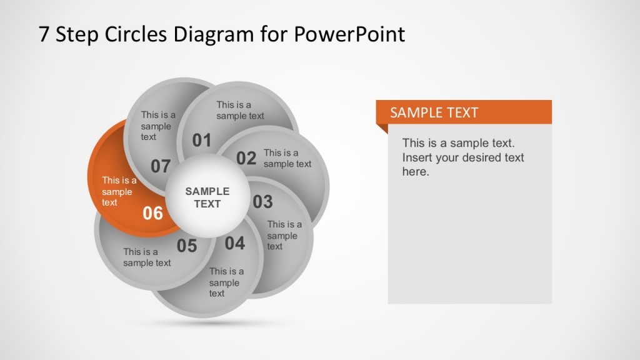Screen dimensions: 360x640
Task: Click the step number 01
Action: coord(201,141)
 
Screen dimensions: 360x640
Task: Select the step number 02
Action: coord(246,159)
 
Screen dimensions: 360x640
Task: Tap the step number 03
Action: coord(262,202)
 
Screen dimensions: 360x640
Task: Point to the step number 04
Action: coord(235,244)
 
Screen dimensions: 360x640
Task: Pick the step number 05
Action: coord(186,246)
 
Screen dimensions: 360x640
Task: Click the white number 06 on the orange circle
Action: coord(152,214)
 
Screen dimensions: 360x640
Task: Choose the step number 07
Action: coord(161,166)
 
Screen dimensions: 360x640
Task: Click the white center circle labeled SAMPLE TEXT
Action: coord(207,197)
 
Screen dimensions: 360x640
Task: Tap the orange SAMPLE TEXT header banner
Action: coord(463,112)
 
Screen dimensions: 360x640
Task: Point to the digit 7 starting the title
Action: coord(44,34)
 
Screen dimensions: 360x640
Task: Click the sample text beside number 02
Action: coord(287,158)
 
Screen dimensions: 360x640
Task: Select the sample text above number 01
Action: coord(240,111)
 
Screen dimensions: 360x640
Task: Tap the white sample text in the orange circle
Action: coord(119,191)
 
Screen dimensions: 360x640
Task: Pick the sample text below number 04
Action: coord(226,282)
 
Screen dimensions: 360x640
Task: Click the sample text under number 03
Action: coord(284,235)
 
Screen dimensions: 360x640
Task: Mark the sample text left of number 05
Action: coord(147,257)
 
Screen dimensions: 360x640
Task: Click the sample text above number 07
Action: coord(157,126)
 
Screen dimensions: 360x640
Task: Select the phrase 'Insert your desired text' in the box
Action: coord(463,157)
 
